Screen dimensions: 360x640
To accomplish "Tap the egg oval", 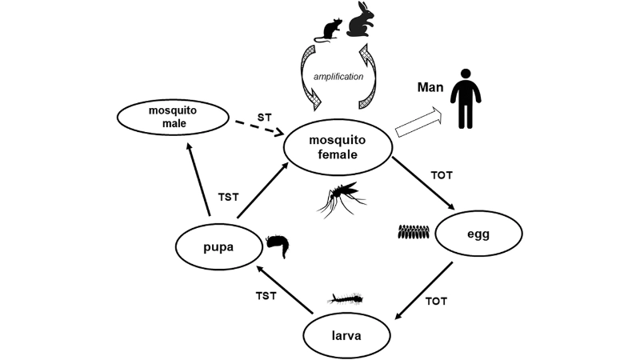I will (478, 234).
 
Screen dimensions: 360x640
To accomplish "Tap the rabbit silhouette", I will (359, 22).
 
